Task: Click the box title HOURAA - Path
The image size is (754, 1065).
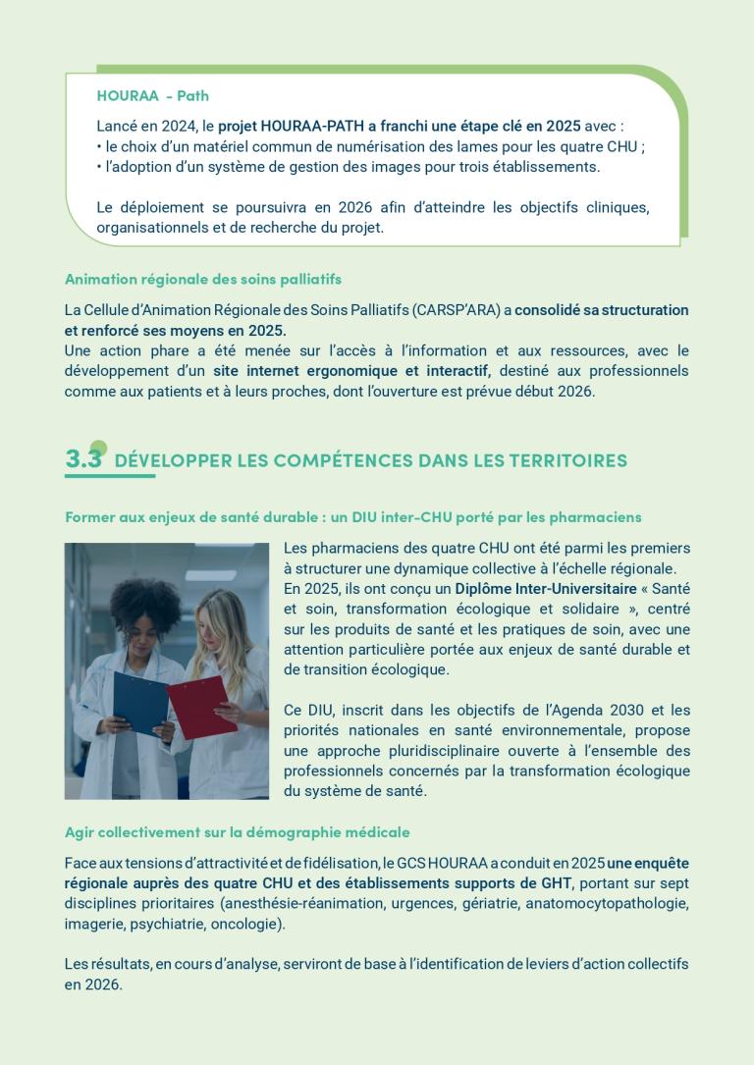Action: pyautogui.click(x=152, y=96)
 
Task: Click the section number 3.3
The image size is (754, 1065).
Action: pyautogui.click(x=83, y=458)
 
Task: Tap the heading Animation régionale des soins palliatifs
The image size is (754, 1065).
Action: pyautogui.click(x=203, y=280)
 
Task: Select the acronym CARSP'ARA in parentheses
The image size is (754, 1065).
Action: pyautogui.click(x=458, y=310)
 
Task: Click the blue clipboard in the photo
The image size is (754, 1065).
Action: pyautogui.click(x=140, y=701)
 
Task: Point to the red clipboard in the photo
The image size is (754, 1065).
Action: pyautogui.click(x=200, y=705)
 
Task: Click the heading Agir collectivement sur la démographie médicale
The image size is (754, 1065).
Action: pyautogui.click(x=237, y=832)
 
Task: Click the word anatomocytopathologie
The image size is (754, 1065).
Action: pyautogui.click(x=607, y=903)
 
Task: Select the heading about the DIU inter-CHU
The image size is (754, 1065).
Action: pyautogui.click(x=352, y=516)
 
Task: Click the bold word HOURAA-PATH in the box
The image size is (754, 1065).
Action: pyautogui.click(x=303, y=126)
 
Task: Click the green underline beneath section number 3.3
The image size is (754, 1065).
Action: pyautogui.click(x=110, y=476)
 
